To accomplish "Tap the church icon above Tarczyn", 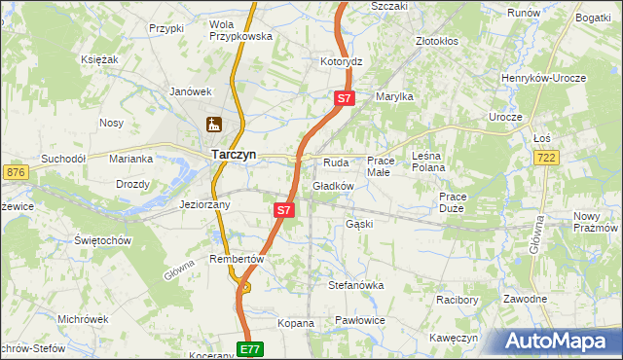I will pos(213,124).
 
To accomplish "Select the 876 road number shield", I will pos(16,172).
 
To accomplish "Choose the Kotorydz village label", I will pos(341,61).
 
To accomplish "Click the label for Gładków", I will pos(333,186).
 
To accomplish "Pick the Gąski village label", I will pos(359,224).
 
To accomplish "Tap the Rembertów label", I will pos(237,259).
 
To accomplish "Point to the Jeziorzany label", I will pos(205,205).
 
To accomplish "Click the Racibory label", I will pos(457,300).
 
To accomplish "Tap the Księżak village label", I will pos(99,59).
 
